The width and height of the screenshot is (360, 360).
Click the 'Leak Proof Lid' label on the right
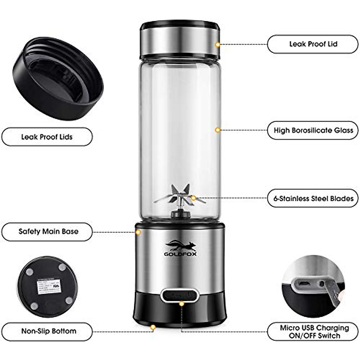coord(313,44)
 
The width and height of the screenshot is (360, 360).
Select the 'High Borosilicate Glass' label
coord(313,130)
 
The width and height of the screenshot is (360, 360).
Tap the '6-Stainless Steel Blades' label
coord(313,198)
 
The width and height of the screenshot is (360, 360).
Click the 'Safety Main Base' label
coord(47,232)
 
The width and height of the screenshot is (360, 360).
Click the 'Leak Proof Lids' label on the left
coord(47,137)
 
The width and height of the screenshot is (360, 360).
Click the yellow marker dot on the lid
coord(218,44)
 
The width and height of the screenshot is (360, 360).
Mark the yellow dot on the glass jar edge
coord(218,130)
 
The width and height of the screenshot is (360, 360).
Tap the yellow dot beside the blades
coord(194,198)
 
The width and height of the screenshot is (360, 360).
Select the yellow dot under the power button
coord(181,304)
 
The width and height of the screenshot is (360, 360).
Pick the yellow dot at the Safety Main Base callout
coord(138,232)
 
